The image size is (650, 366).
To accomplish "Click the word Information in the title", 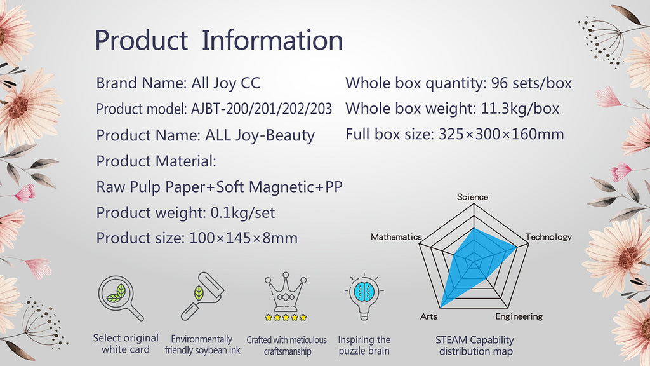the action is tap(272, 40).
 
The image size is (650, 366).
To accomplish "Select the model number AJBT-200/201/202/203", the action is tap(261, 109).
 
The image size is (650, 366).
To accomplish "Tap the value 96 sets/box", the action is tap(531, 83).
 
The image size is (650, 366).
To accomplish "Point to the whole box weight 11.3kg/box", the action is tap(520, 109).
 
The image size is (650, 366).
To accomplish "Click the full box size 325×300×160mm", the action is tap(501, 134).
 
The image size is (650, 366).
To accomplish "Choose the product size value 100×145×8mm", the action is tap(243, 238).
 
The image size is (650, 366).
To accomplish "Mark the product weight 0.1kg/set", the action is tap(242, 213).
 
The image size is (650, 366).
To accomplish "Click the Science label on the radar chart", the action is tap(472, 197).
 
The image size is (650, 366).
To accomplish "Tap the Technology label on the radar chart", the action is tap(548, 237).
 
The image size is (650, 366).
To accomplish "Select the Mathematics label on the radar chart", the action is tap(396, 237).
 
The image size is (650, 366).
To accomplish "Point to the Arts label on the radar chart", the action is tap(428, 316).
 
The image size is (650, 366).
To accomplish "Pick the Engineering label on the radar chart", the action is tap(519, 316).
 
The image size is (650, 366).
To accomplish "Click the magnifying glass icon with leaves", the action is tap(121, 298).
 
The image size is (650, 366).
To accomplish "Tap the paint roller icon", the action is tap(202, 296).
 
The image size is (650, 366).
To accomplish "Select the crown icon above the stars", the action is tap(286, 291).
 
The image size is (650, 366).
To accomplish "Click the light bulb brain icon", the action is tap(364, 296).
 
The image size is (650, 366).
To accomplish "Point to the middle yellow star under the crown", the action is tap(286, 318).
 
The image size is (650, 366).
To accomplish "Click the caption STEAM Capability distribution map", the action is tap(475, 346).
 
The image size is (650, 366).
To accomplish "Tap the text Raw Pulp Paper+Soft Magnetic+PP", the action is tap(219, 187).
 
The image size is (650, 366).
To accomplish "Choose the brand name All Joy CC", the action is tap(225, 83).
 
